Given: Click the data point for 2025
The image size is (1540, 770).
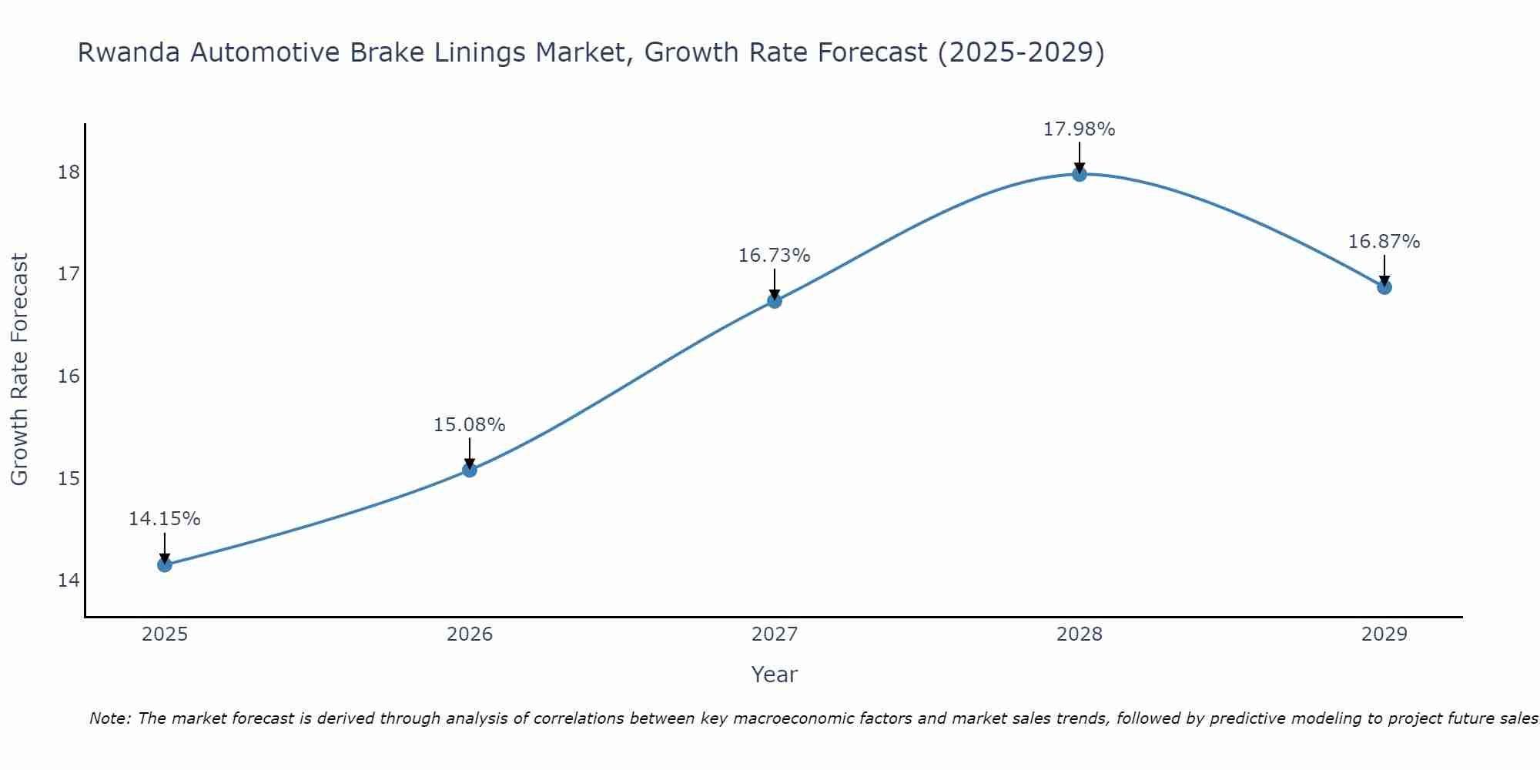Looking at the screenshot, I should [x=165, y=564].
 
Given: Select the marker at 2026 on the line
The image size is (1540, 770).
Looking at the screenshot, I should [x=470, y=470].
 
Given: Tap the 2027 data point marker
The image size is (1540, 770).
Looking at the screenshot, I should [x=775, y=300].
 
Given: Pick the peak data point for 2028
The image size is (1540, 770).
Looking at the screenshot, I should [x=1080, y=174].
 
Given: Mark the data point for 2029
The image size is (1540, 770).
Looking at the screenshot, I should [x=1384, y=287].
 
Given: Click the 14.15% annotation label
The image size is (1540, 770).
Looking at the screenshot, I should [x=164, y=519].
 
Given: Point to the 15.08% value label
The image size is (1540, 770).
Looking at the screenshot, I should [x=469, y=425].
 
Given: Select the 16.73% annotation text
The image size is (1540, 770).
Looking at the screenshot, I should [x=774, y=256].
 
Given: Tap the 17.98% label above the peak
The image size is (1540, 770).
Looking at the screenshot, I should [x=1079, y=129].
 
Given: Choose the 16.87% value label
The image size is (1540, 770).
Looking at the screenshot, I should [x=1384, y=242].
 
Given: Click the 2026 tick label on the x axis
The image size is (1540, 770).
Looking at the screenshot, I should [x=470, y=634].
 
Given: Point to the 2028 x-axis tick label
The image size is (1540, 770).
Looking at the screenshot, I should [x=1080, y=634].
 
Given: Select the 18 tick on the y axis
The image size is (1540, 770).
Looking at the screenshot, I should [x=69, y=172].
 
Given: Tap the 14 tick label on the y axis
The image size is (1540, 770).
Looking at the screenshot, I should [x=69, y=580].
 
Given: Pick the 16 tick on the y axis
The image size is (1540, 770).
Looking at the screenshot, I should [x=69, y=376].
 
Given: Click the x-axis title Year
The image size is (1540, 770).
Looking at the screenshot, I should [x=774, y=675].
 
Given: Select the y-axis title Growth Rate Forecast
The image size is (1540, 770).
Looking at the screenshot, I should [x=19, y=370].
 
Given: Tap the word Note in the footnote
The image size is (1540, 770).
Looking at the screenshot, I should [x=110, y=718].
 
